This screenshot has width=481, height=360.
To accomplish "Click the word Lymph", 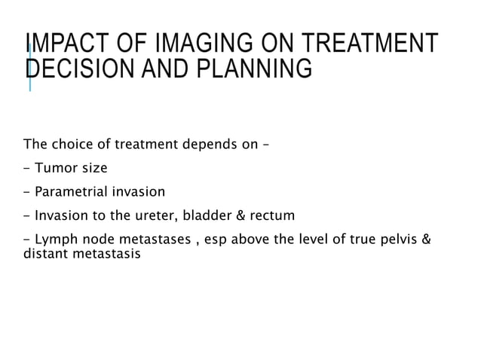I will [55, 241].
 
